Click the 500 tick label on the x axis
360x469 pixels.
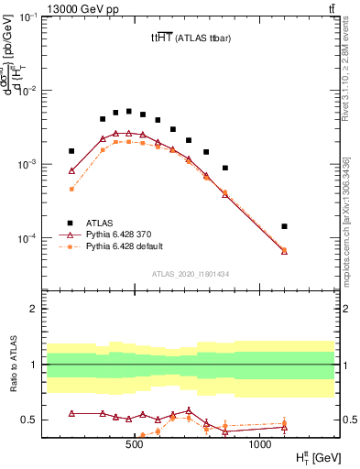pos(135,443)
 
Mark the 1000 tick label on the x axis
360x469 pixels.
pos(260,443)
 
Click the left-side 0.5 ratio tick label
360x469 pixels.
pos(30,420)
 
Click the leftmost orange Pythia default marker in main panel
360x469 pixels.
pos(71,189)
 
